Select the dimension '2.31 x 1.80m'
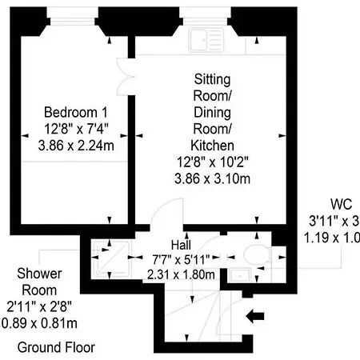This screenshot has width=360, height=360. click(x=181, y=274)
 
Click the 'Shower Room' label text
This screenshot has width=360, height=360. click(x=40, y=282)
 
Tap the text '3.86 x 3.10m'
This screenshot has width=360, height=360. click(x=212, y=178)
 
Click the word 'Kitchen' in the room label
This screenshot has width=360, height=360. click(x=212, y=145)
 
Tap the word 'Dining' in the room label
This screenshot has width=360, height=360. click(x=212, y=112)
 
